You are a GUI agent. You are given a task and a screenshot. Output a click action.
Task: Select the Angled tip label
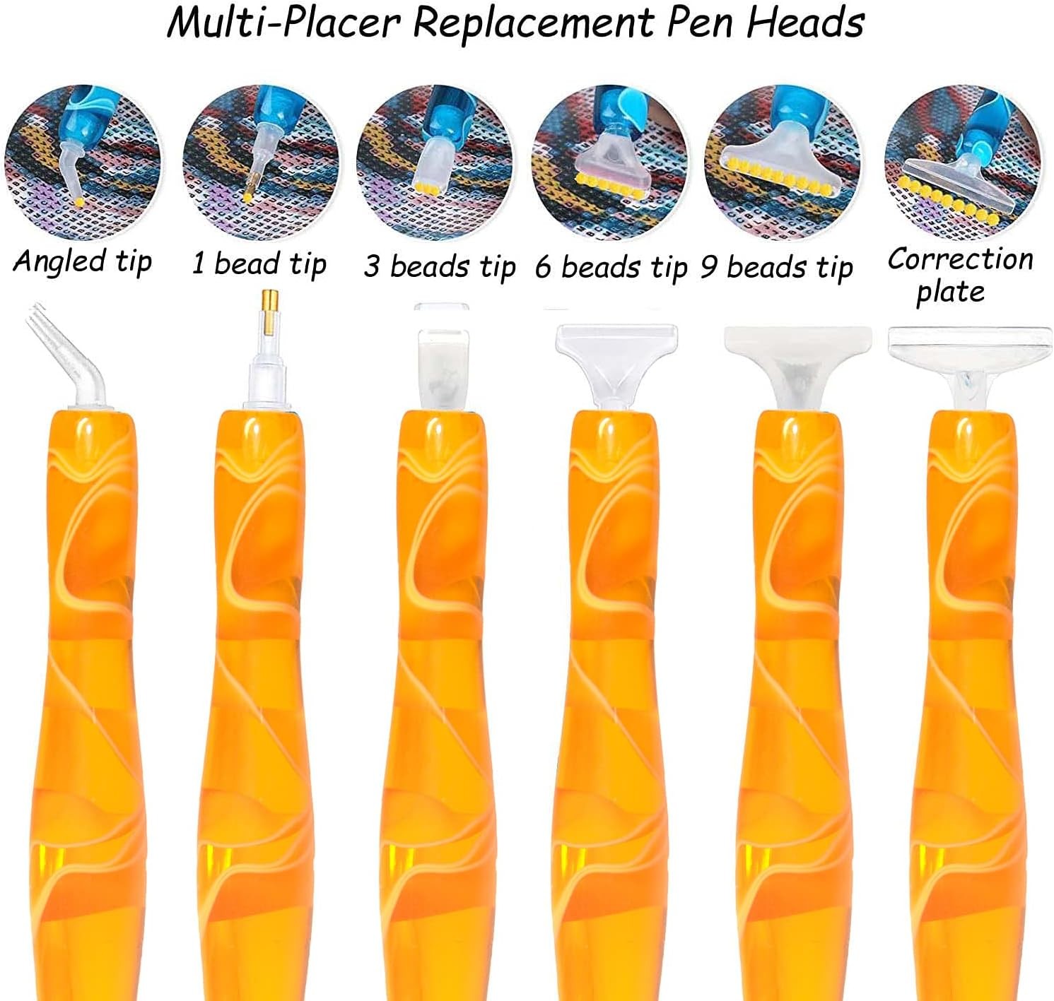83,261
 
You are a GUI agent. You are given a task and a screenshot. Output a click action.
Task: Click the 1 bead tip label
259,264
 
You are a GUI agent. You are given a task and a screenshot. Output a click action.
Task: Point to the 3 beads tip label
440,267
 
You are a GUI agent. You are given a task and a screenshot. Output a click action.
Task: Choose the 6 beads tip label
611,268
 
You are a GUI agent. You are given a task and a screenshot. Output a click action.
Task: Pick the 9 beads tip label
777,268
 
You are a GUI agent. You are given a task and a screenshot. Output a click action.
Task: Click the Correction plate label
960,275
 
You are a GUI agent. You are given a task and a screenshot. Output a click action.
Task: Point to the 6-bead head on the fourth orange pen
616,357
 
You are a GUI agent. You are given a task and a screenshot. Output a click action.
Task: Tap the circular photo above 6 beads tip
609,162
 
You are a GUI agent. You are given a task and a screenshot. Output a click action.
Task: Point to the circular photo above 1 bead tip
261,162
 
